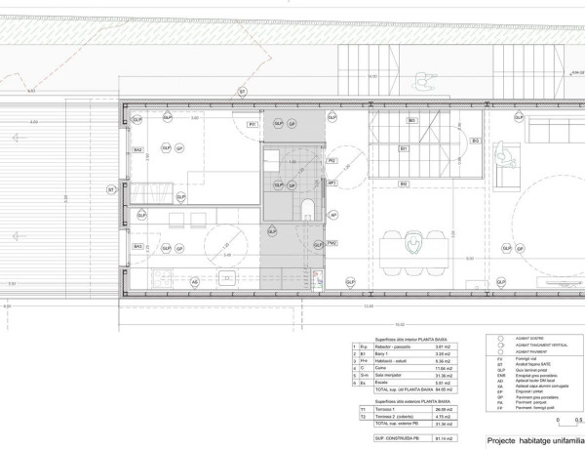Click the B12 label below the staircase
coord(403,183)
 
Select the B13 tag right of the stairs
coord(475,141)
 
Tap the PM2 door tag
coord(332,243)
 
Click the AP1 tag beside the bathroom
coord(332,182)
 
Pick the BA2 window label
coord(138,149)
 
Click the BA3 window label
coord(138,247)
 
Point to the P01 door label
coord(252,125)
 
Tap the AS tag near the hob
coord(194,282)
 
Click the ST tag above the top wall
coord(242,92)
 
